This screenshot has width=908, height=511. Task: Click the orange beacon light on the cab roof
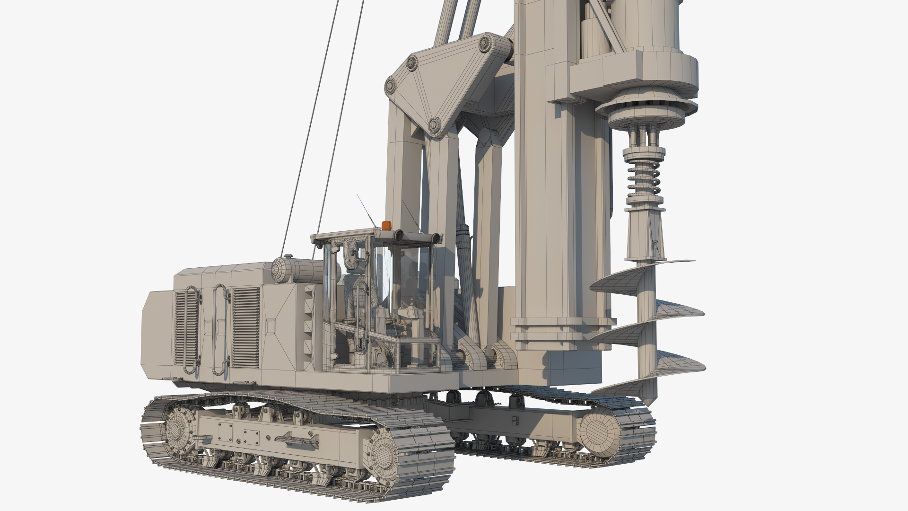point(387,226)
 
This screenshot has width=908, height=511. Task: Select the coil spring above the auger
point(644,177)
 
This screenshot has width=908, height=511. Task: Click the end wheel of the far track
point(600,431)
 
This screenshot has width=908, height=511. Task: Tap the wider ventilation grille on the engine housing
point(245,327)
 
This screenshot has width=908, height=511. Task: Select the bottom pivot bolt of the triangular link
point(433,125)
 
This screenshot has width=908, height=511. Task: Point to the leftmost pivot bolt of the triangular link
point(391,85)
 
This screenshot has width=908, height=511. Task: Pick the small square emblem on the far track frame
point(515,420)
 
